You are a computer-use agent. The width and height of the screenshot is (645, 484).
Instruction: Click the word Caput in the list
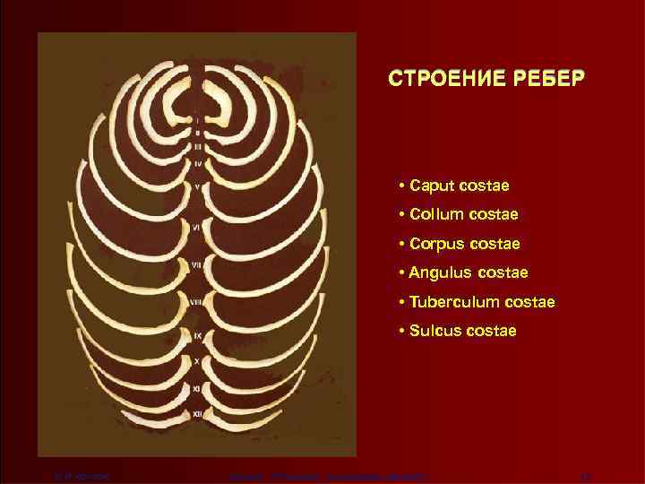(x=433, y=186)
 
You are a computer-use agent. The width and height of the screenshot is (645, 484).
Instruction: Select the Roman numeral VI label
(x=197, y=229)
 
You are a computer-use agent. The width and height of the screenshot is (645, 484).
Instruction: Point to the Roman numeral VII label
(x=197, y=265)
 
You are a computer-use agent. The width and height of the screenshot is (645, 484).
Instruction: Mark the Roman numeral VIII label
(x=197, y=302)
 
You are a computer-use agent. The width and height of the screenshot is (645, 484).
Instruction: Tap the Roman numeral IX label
(x=197, y=334)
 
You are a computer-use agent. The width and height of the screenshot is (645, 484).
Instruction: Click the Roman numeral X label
(x=197, y=360)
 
